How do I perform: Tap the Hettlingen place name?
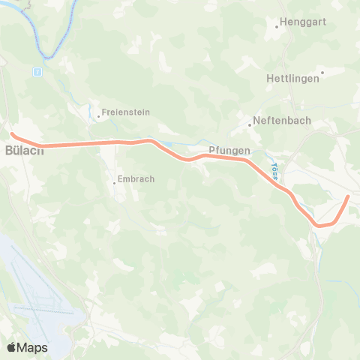292,78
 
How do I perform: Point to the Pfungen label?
229,151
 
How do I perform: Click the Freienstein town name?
127,112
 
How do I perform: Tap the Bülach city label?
25,150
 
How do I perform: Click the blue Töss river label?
274,172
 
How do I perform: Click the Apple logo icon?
11,347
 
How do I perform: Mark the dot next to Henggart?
277,26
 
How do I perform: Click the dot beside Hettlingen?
322,73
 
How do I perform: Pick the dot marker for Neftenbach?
250,124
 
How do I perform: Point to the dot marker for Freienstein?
98,116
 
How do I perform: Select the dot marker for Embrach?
114,181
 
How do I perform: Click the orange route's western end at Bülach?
13,134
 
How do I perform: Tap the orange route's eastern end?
348,196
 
